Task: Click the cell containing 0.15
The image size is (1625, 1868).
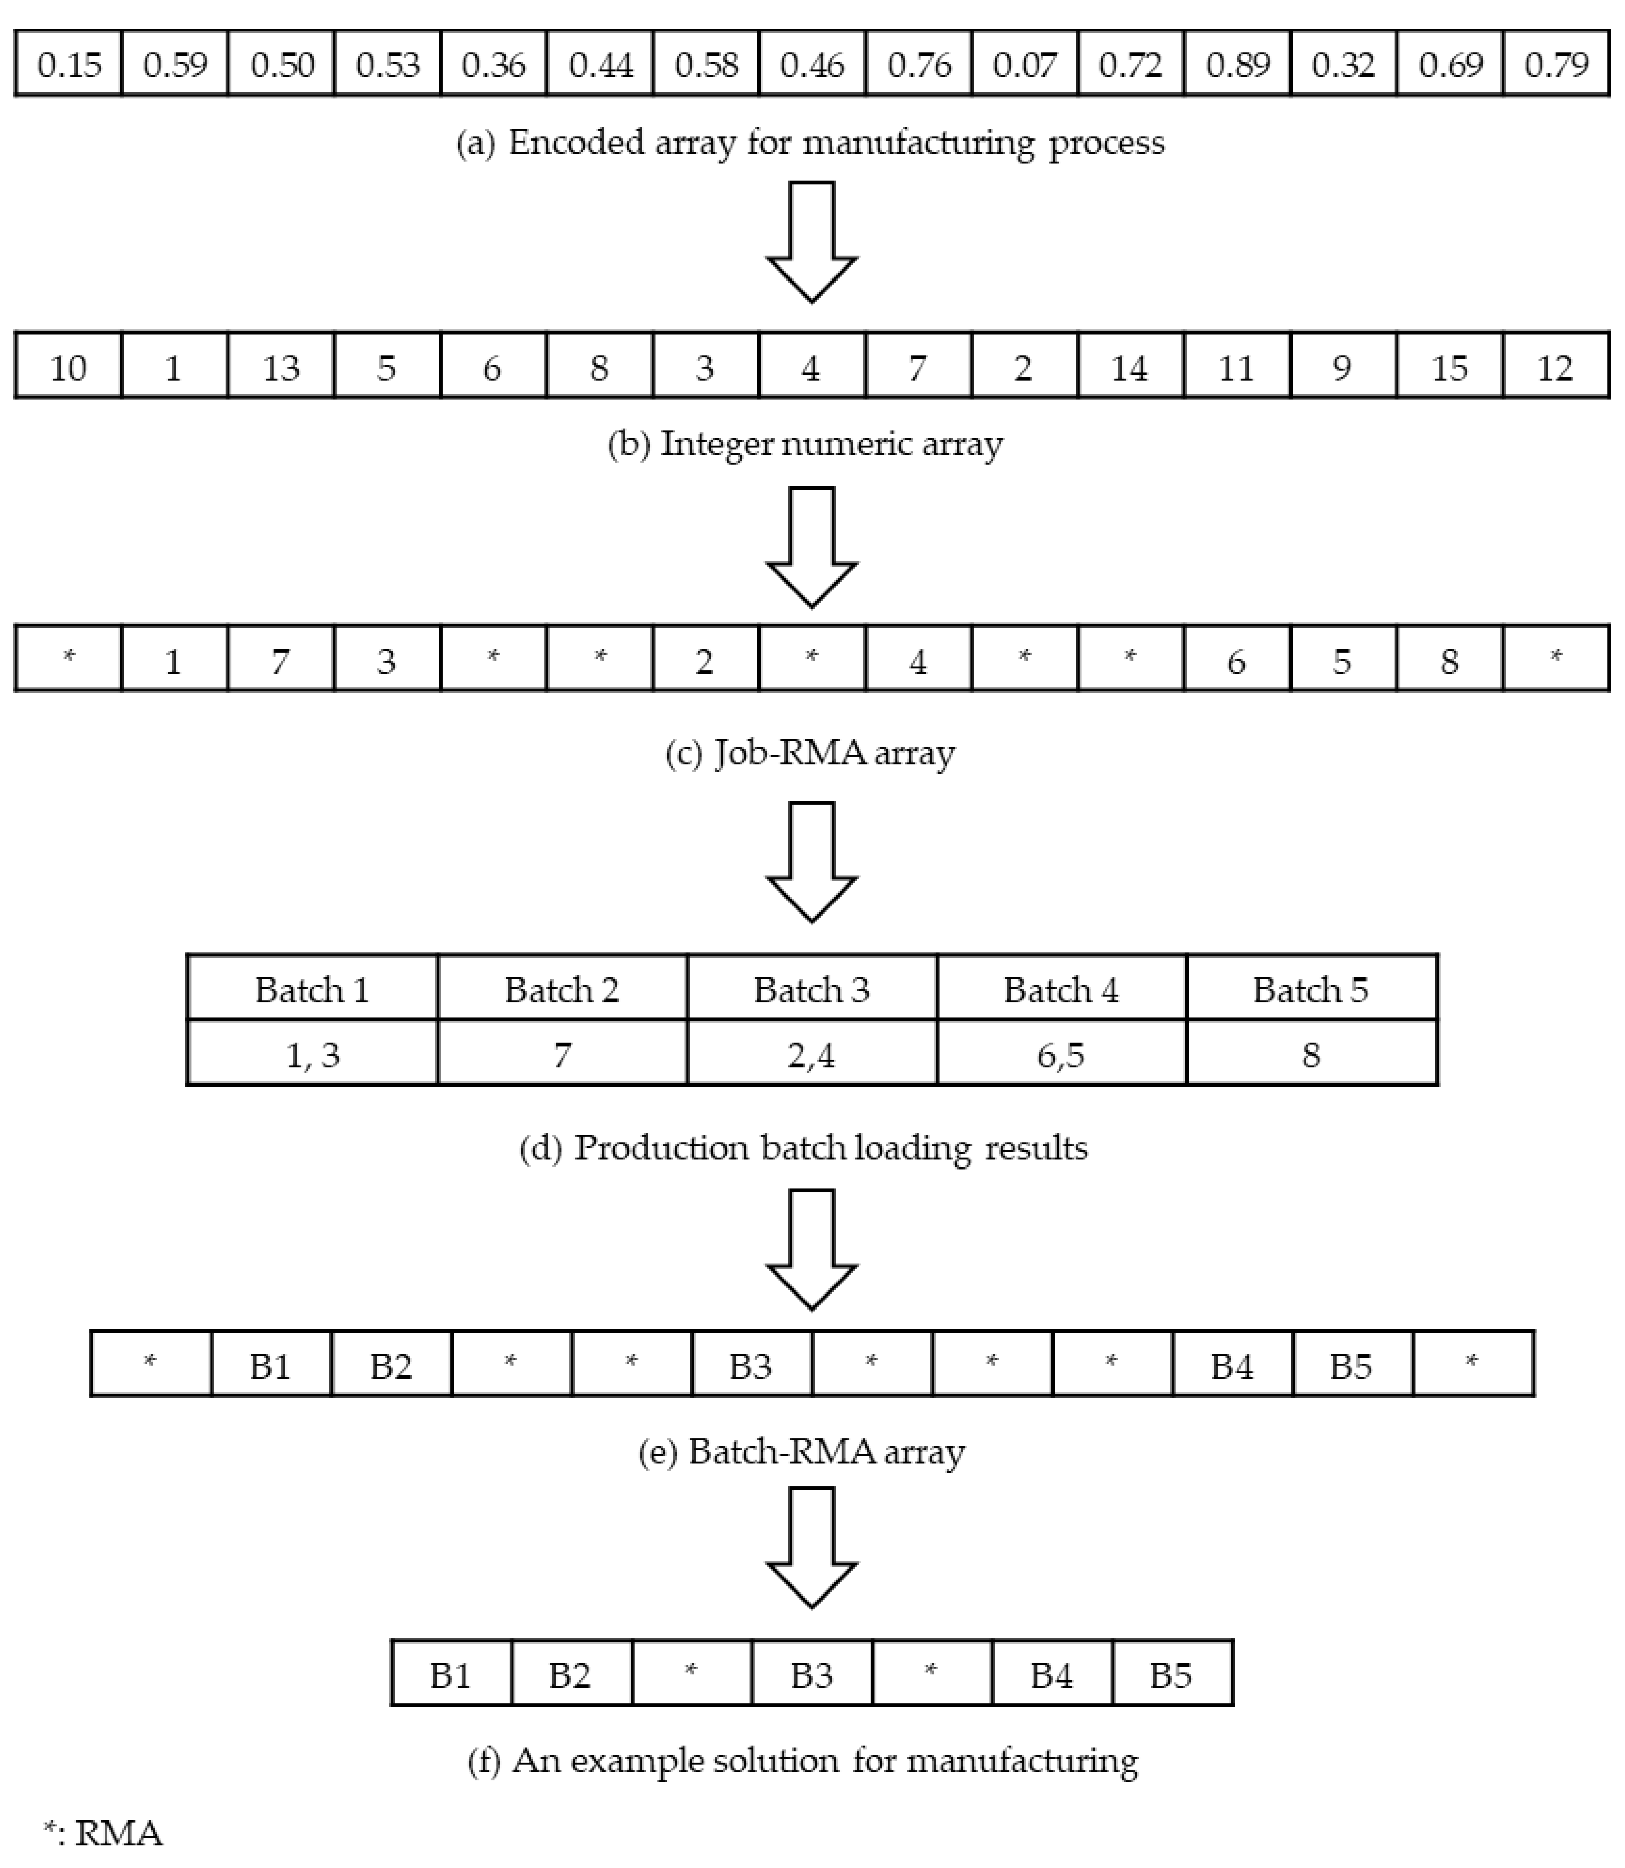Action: tap(69, 64)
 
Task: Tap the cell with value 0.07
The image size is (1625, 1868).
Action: tap(1025, 64)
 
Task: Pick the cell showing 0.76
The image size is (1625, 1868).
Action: tap(919, 64)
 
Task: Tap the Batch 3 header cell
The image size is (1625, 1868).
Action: tap(811, 989)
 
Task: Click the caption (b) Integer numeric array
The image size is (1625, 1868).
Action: tap(805, 444)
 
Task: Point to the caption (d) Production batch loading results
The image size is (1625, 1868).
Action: tap(803, 1148)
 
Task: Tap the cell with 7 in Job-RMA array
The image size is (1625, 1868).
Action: tap(281, 661)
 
